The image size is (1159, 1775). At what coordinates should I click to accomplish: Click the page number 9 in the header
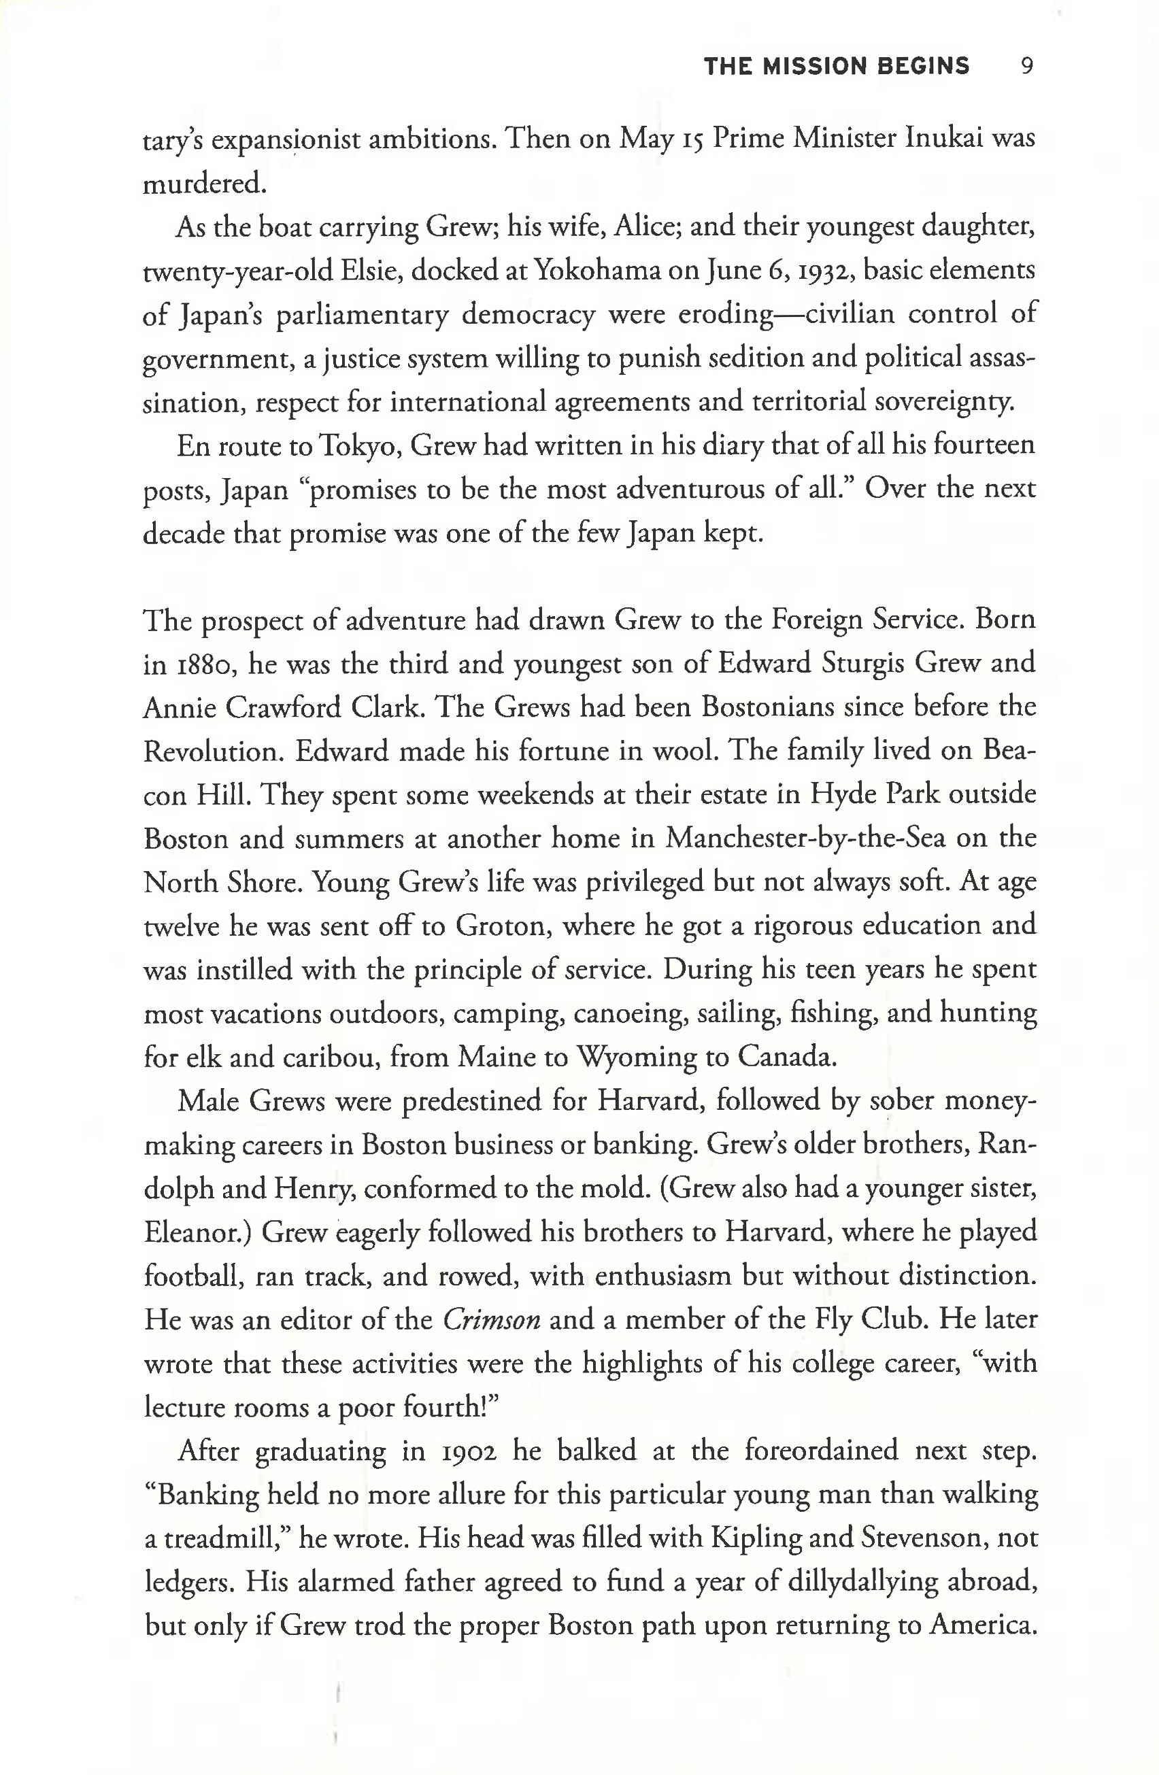point(1026,67)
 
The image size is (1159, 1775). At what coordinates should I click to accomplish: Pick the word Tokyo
point(360,447)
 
